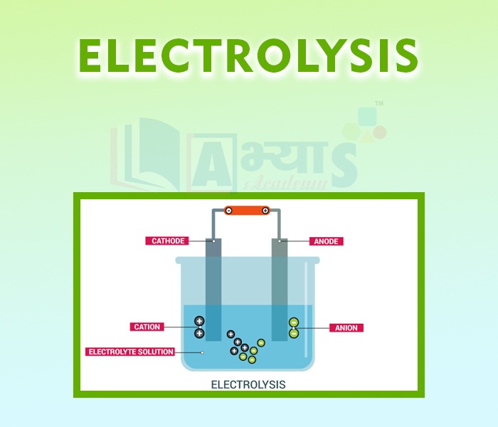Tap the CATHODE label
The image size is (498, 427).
[168, 241]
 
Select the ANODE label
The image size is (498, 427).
[326, 241]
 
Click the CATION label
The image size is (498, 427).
[147, 327]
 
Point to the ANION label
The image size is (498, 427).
[346, 328]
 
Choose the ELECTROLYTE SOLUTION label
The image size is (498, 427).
[130, 352]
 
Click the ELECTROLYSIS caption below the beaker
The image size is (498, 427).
[248, 384]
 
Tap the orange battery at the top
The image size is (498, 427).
[247, 210]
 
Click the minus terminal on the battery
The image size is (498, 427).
[229, 210]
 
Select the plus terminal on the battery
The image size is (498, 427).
[265, 210]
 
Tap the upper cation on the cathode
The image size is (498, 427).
[199, 322]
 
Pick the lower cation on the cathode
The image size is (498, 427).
[199, 333]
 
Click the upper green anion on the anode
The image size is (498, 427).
[293, 322]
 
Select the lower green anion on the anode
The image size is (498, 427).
[293, 333]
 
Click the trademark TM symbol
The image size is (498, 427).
[379, 104]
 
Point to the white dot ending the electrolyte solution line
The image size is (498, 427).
[202, 352]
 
